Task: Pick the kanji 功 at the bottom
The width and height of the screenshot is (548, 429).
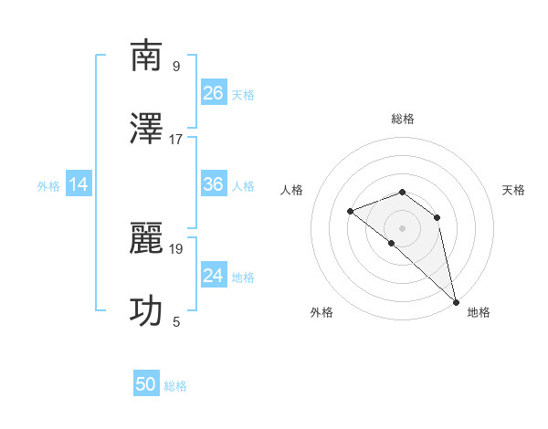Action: [147, 311]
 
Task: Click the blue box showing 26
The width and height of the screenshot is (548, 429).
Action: [214, 93]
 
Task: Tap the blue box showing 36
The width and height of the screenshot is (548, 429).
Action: [214, 185]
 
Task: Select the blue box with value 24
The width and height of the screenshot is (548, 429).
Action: [214, 276]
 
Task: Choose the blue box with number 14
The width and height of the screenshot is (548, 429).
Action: [79, 185]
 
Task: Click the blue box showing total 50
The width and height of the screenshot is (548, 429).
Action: [146, 384]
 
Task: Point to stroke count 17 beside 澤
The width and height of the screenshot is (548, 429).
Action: [176, 140]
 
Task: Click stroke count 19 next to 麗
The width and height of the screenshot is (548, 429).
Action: [176, 248]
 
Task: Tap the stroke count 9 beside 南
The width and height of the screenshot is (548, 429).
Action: [176, 67]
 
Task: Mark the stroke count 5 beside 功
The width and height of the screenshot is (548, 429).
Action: [176, 321]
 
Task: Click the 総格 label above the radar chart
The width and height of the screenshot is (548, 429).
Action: [403, 119]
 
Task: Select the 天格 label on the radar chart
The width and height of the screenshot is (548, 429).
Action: [513, 190]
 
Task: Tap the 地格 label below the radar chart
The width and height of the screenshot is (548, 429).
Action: [479, 312]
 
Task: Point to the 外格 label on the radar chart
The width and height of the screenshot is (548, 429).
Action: [321, 312]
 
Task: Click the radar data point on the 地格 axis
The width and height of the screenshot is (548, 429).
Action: [456, 301]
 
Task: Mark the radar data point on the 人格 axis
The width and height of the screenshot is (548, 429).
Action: [351, 212]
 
